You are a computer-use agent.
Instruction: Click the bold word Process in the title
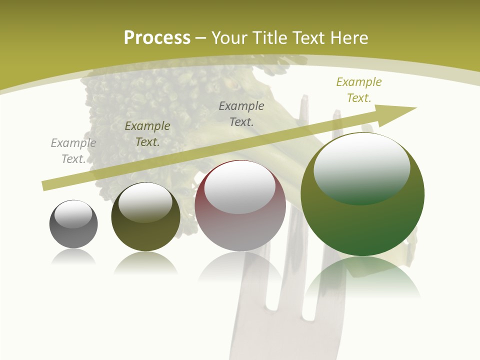click(157, 38)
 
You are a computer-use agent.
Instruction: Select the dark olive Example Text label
click(147, 134)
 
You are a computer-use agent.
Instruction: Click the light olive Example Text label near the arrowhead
click(359, 90)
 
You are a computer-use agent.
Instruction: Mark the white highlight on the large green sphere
click(361, 167)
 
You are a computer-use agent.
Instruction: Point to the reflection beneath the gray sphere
click(73, 257)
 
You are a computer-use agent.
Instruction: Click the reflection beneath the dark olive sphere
click(145, 262)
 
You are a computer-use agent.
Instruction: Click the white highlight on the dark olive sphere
click(145, 201)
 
